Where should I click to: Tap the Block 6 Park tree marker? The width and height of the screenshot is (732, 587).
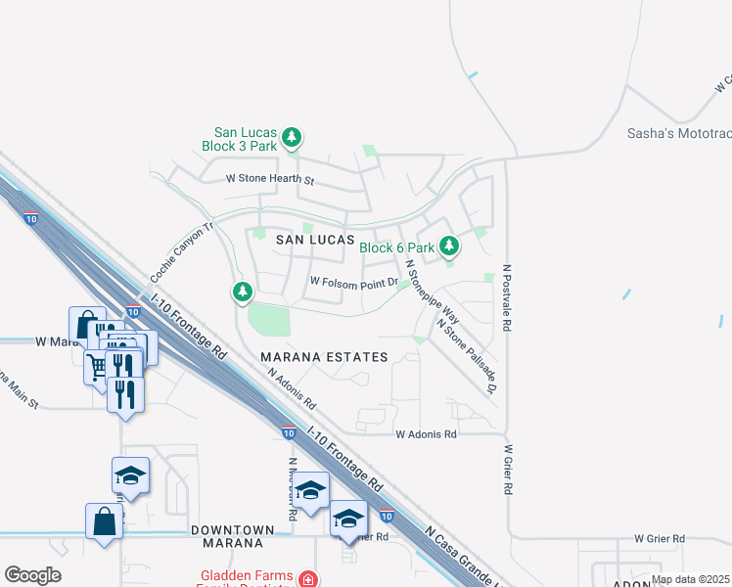pyautogui.click(x=449, y=246)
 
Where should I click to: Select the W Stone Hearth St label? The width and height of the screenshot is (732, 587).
pyautogui.click(x=269, y=179)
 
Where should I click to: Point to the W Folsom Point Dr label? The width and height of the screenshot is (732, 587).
pyautogui.click(x=353, y=282)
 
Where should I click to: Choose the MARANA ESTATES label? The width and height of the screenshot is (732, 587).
pyautogui.click(x=324, y=357)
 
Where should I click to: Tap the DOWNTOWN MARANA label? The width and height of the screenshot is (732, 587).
pyautogui.click(x=226, y=535)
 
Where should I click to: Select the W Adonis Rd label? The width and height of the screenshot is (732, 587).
pyautogui.click(x=426, y=433)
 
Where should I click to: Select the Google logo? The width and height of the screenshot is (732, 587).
pyautogui.click(x=33, y=575)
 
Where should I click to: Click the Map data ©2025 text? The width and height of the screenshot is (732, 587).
pyautogui.click(x=690, y=579)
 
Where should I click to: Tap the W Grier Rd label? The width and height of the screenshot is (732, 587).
pyautogui.click(x=659, y=538)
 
